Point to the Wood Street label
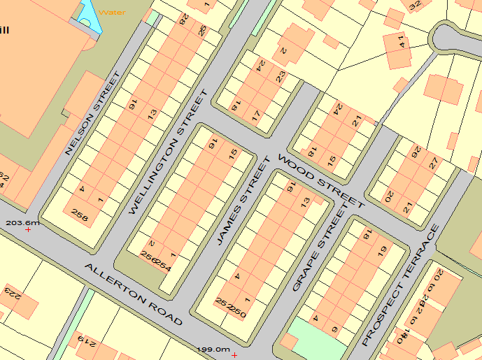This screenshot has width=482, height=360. pyautogui.click(x=321, y=181)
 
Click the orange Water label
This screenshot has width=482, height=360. pyautogui.click(x=113, y=12)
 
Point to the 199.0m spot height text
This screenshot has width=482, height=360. pyautogui.click(x=213, y=350)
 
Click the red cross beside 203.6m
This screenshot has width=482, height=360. pyautogui.click(x=29, y=229)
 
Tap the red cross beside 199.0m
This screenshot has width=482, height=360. pyautogui.click(x=234, y=355)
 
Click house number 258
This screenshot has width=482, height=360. pyautogui.click(x=80, y=217)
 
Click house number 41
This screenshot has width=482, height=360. pyautogui.click(x=401, y=41)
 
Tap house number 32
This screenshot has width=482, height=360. pyautogui.click(x=416, y=6)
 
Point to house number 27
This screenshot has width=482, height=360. pyautogui.click(x=434, y=163)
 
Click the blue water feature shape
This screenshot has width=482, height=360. pyautogui.click(x=90, y=15)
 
